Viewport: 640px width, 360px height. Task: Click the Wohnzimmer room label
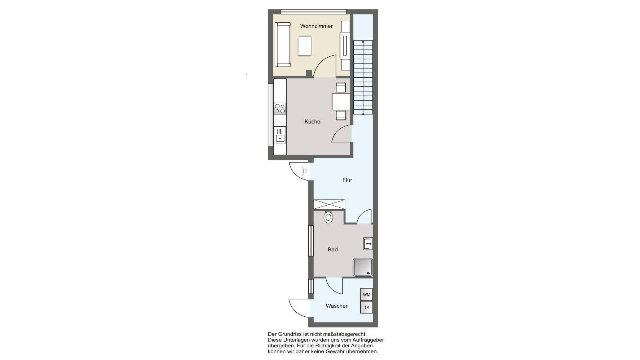click(316, 26)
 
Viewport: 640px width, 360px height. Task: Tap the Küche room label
click(312, 122)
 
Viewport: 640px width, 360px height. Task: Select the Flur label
click(347, 180)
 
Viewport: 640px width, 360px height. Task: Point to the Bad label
click(332, 250)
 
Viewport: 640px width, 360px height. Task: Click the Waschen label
click(337, 306)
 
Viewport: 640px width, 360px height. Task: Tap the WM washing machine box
click(366, 295)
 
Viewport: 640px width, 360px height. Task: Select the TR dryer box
click(366, 308)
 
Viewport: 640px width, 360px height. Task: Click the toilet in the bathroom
click(328, 217)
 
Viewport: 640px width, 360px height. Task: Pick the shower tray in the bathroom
click(363, 267)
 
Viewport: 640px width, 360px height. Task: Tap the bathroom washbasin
click(368, 244)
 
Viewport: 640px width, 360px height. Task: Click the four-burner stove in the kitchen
click(280, 108)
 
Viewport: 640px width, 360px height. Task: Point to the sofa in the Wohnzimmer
click(282, 44)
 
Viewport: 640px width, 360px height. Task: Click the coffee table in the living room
click(305, 46)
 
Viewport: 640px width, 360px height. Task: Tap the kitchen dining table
click(341, 101)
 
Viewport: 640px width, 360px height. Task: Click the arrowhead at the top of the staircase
click(363, 42)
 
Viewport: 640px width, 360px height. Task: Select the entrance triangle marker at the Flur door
click(305, 171)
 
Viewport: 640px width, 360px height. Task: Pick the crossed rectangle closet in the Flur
click(329, 204)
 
